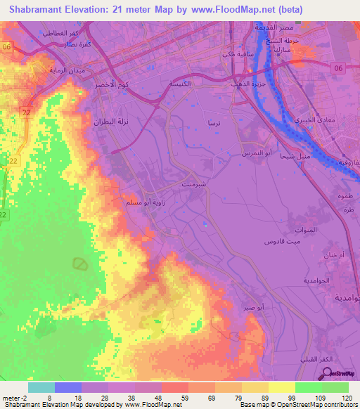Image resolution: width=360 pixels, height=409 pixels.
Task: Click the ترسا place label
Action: pyautogui.click(x=210, y=122)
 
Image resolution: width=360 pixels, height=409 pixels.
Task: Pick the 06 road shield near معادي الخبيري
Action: pyautogui.click(x=337, y=68)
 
